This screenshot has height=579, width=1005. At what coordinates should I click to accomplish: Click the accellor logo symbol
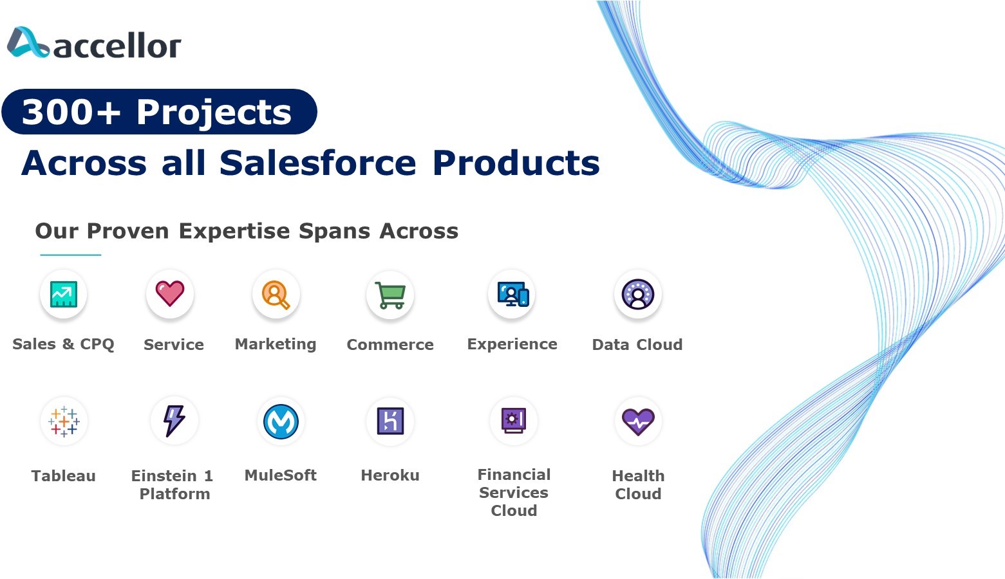coord(28,42)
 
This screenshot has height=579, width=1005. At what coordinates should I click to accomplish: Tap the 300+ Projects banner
coord(159,112)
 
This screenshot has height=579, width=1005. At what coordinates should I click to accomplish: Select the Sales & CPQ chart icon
coord(64,294)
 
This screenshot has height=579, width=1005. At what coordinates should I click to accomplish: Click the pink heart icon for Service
coord(170,293)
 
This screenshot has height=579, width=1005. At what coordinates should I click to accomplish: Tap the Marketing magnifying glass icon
coord(276,295)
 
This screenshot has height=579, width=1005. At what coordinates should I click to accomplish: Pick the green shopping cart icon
coord(390,295)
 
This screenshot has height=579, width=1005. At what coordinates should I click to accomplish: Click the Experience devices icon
coord(513,294)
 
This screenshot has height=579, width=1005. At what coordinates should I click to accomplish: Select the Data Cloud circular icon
coord(638,294)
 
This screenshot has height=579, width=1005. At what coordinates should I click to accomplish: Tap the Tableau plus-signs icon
coord(64,421)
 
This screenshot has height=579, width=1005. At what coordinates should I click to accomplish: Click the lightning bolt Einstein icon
coord(174,421)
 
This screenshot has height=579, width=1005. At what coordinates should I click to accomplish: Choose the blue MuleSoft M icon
coord(281,421)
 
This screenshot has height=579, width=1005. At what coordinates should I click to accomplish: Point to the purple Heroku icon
coord(390,421)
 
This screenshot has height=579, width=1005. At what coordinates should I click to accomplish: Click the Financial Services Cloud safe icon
coord(514,421)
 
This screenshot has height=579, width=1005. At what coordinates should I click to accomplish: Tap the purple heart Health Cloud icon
coord(638,422)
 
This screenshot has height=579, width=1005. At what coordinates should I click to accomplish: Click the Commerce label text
coord(390,344)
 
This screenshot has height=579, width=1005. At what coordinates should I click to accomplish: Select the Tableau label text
coord(64,476)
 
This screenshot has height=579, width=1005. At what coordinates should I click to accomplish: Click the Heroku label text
coord(390,475)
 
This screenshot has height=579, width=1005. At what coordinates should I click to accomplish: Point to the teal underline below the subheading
coord(70,255)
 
